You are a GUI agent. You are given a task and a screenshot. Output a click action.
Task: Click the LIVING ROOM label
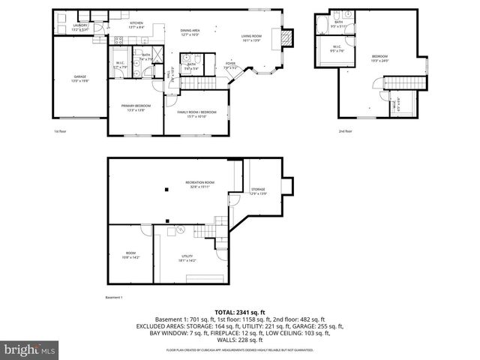(x=251, y=37)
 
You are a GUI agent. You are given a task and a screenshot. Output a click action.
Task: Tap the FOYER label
(x=230, y=65)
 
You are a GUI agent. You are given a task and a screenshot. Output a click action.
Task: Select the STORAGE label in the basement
(x=258, y=190)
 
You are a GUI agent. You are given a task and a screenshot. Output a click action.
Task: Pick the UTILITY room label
(x=187, y=258)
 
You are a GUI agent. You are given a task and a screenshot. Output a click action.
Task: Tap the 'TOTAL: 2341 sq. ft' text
(x=240, y=311)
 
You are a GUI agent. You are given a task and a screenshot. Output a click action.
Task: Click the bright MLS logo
(x=28, y=349)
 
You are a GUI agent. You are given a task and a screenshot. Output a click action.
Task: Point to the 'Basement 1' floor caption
(x=114, y=298)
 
